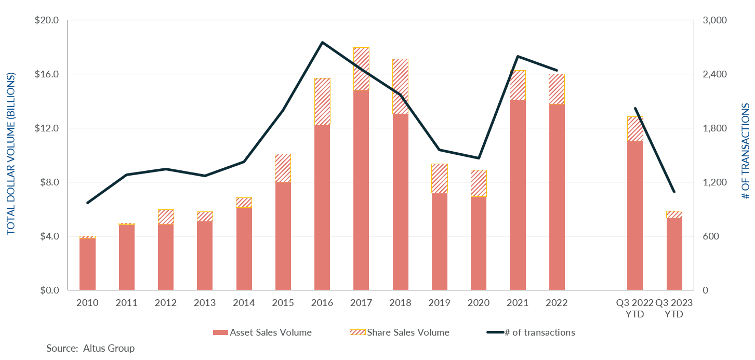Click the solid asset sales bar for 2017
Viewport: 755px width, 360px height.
(x=361, y=190)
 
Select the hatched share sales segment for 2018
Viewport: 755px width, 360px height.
(x=400, y=87)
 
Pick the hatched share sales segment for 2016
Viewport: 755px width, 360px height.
(x=322, y=102)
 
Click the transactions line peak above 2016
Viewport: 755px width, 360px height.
(x=322, y=42)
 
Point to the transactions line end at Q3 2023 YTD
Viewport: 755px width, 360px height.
(x=674, y=192)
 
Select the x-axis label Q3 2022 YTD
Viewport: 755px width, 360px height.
(x=634, y=308)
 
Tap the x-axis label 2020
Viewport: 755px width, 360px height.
(x=479, y=303)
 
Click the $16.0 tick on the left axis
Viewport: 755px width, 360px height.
(x=48, y=74)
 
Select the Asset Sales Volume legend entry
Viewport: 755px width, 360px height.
(x=262, y=332)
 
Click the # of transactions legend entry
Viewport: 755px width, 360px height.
(x=531, y=332)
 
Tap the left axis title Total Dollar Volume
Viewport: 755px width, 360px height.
(x=11, y=155)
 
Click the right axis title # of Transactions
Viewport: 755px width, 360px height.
(x=745, y=151)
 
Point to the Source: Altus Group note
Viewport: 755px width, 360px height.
(x=90, y=348)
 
